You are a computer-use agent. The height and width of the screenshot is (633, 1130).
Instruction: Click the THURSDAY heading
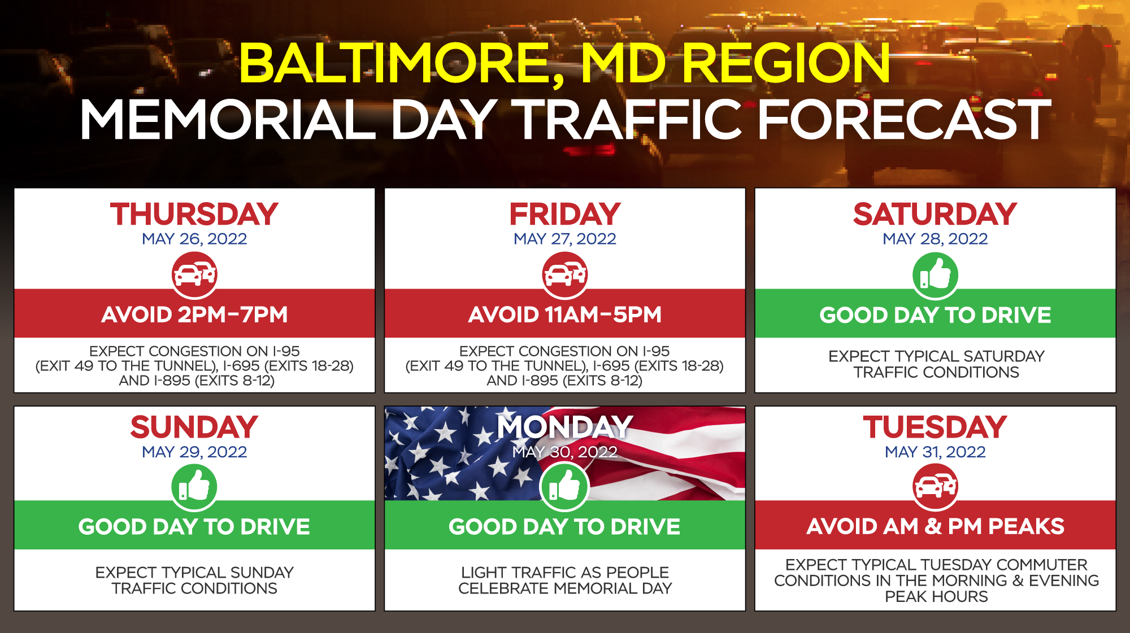pos(194,214)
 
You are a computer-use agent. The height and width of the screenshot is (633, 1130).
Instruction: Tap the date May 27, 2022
pos(564,239)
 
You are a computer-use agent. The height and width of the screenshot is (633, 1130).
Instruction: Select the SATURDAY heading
pos(935,214)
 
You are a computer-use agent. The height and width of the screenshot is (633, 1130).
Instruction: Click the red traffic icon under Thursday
pos(194,275)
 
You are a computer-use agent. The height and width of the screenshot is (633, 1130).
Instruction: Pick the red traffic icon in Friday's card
pos(564,275)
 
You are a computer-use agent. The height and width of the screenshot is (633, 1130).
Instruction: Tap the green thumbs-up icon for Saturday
pos(935,275)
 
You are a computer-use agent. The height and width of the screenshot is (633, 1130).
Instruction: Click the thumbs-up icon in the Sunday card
pos(194,487)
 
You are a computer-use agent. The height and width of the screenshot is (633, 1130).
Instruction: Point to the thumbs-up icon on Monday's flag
pos(564,487)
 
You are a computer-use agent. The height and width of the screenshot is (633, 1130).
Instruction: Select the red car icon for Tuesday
pos(935,487)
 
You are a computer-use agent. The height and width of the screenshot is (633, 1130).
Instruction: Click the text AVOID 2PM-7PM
pos(194,315)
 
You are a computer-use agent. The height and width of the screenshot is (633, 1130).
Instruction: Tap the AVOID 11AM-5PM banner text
pos(564,315)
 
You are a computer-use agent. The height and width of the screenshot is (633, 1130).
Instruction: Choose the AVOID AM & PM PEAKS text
pos(935,526)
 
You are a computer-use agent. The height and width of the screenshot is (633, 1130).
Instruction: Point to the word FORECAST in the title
pos(904,119)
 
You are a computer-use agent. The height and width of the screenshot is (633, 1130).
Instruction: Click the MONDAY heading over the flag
pos(564,427)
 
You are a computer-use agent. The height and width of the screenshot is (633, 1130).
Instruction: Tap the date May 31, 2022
pos(935,452)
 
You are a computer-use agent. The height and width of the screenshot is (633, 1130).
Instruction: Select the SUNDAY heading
pos(194,427)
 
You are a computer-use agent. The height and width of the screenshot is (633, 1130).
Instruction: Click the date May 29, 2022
pos(194,452)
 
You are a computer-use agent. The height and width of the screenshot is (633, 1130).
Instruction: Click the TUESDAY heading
pos(935,427)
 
